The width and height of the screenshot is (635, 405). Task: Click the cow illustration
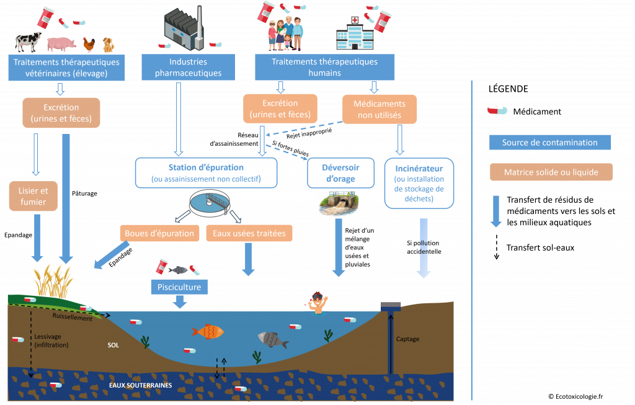(x=27, y=42)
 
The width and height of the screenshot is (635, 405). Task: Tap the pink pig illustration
(x=61, y=44)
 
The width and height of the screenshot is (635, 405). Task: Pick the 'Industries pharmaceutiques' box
(x=188, y=67)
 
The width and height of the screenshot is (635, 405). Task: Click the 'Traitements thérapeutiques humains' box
(x=324, y=67)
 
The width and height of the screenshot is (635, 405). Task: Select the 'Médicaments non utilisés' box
(x=380, y=110)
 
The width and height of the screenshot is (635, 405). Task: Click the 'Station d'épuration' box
(x=206, y=172)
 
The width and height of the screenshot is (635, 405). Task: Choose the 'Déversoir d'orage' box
(x=340, y=172)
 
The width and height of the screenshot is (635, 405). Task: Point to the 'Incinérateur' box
(x=419, y=183)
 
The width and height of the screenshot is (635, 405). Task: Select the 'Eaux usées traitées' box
(x=249, y=233)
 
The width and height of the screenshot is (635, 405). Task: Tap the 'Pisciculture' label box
(x=179, y=288)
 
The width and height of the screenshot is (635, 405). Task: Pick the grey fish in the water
(x=272, y=339)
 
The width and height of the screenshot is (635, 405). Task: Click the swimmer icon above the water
(x=316, y=300)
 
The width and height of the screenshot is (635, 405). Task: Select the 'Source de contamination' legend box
(x=550, y=143)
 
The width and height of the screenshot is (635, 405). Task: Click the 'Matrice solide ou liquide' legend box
(x=550, y=172)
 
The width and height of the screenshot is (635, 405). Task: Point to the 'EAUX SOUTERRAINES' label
(x=140, y=385)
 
